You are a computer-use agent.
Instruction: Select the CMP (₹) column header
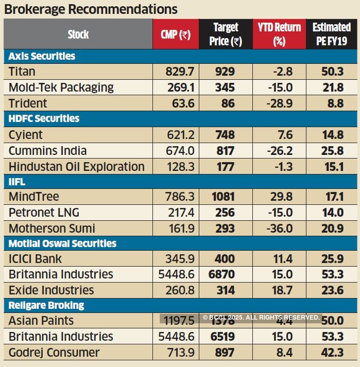pos(175,34)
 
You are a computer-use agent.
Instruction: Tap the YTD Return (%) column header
pos(279,34)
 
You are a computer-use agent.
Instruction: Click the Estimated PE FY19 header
pos(331,34)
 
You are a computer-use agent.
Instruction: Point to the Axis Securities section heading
pos(42,56)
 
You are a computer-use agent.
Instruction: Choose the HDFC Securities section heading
pos(44,118)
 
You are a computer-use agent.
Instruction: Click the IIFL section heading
pos(17,182)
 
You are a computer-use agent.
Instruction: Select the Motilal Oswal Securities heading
pos(62,243)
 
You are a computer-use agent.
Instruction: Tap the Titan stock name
pos(22,72)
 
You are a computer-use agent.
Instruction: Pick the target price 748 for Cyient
pos(225,135)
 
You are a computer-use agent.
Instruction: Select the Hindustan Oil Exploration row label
pos(76,167)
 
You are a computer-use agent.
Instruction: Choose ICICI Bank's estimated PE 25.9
pos(332,258)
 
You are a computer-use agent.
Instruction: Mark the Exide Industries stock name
pos(51,290)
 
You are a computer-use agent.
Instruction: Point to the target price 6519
pos(222,337)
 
